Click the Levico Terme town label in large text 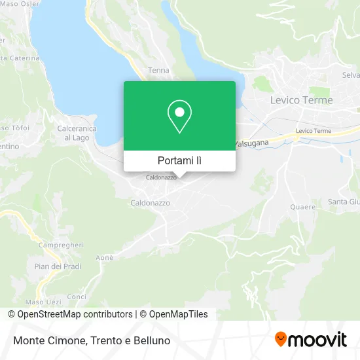click(x=301, y=100)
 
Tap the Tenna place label click(x=158, y=70)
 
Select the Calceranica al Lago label click(x=77, y=133)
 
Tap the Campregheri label click(x=61, y=244)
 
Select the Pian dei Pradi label click(x=58, y=266)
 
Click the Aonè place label click(x=105, y=258)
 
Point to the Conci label click(x=77, y=297)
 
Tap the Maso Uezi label click(x=43, y=302)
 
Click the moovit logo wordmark click(x=318, y=340)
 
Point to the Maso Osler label click(x=15, y=4)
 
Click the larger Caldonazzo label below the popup click(x=150, y=203)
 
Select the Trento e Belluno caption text click(x=131, y=340)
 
